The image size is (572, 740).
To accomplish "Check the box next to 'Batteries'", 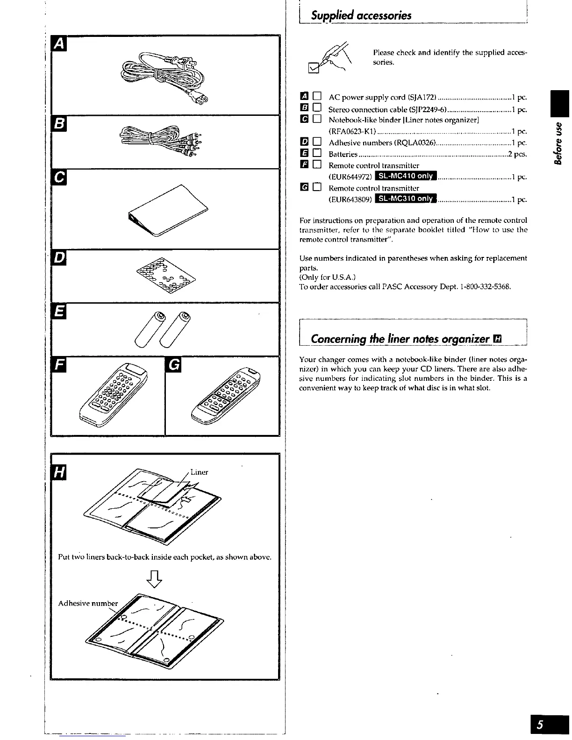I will click(317, 153).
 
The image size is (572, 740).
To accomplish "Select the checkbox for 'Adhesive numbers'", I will click(317, 142).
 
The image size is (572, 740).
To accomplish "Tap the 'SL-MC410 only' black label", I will click(405, 176).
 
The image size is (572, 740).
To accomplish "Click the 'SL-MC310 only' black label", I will click(405, 199).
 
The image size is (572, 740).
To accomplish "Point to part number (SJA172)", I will click(422, 97).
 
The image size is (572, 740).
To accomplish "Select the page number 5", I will click(540, 726).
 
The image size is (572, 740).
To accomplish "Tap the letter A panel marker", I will click(59, 43).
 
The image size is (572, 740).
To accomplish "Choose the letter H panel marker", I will click(59, 472).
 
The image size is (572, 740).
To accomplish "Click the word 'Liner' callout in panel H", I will click(199, 472).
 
